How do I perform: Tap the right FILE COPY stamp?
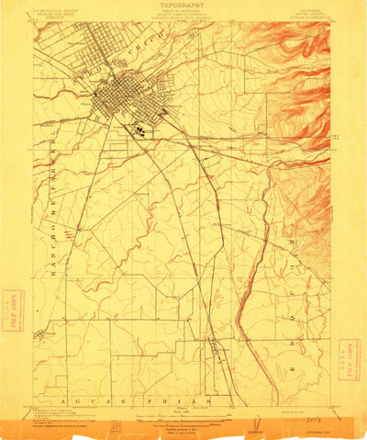(349, 355)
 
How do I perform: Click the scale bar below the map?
(183, 412)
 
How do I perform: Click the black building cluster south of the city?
(139, 130)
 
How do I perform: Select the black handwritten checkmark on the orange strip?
(250, 423)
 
